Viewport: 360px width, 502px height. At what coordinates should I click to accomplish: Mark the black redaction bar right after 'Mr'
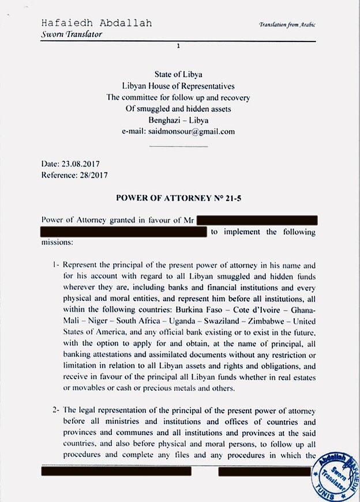pyautogui.click(x=257, y=220)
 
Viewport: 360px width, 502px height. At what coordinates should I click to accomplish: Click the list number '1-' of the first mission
pyautogui.click(x=56, y=266)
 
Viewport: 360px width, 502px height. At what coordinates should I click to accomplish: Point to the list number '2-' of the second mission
pyautogui.click(x=56, y=411)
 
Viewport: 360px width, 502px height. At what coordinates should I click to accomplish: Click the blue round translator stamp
pyautogui.click(x=333, y=476)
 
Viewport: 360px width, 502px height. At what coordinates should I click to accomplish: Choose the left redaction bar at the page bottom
pyautogui.click(x=116, y=471)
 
